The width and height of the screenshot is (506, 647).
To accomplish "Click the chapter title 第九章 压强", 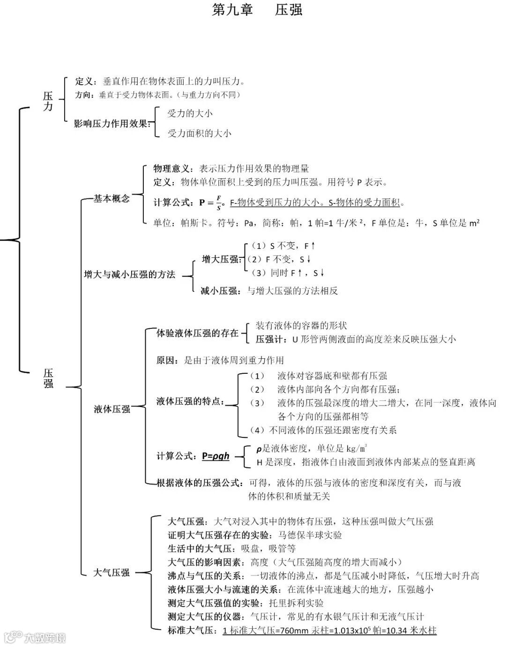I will coord(257,10).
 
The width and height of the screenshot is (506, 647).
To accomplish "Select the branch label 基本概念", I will coord(112,199).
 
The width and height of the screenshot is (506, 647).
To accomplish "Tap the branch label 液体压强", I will coord(112,409).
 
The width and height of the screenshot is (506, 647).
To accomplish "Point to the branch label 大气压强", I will coord(112,572).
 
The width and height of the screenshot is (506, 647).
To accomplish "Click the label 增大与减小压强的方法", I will coord(129,275).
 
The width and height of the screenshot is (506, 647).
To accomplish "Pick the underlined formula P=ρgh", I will coord(216,456).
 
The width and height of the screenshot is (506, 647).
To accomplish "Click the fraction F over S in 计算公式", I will coord(219,203).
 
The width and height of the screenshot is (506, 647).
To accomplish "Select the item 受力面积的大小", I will coord(200,133).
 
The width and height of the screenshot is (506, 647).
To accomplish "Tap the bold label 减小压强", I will coord(219,291).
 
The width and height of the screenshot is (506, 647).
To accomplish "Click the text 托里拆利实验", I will coord(296,603).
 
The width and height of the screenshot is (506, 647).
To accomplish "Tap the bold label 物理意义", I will coord(171,168).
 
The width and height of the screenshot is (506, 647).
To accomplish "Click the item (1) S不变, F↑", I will coord(283,246).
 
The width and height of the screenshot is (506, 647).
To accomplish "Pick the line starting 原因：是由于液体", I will coord(220,360).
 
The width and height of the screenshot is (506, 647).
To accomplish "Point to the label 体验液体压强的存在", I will coord(197,333).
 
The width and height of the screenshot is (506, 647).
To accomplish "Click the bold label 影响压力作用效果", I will coord(112,124).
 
